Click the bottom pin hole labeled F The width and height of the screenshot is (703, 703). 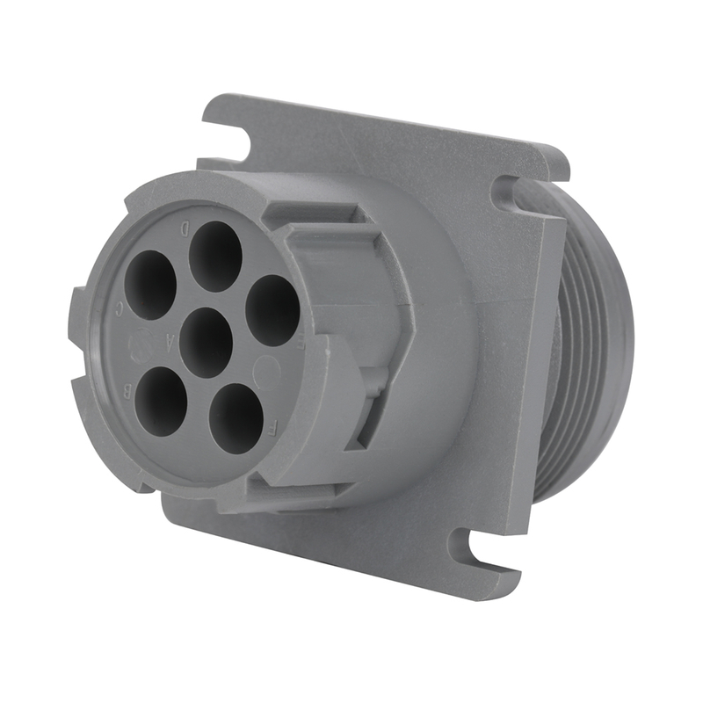pyautogui.click(x=237, y=418)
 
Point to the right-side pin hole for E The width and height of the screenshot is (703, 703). pyautogui.click(x=272, y=309)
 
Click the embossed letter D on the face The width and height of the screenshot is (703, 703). pyautogui.click(x=185, y=228)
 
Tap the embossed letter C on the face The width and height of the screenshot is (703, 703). pyautogui.click(x=120, y=308)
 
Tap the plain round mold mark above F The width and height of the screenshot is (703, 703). pyautogui.click(x=267, y=373)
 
